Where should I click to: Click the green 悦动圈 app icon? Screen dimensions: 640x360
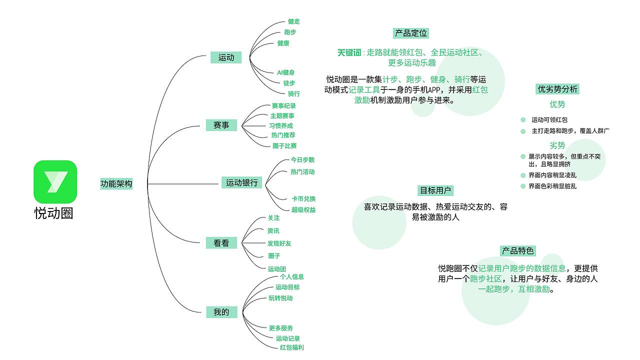pyautogui.click(x=55, y=181)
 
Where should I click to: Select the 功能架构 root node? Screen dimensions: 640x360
pyautogui.click(x=116, y=183)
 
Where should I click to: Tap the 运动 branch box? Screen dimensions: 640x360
pyautogui.click(x=226, y=57)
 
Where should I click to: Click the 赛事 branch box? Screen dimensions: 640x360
pyautogui.click(x=221, y=125)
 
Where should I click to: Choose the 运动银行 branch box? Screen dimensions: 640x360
pyautogui.click(x=241, y=182)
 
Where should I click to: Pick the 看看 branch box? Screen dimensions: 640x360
pyautogui.click(x=221, y=243)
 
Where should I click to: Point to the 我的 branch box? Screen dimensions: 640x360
pyautogui.click(x=221, y=312)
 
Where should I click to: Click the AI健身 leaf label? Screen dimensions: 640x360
pyautogui.click(x=285, y=72)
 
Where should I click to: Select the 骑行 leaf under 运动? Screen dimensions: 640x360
pyautogui.click(x=293, y=93)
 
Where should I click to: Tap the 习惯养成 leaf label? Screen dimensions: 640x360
pyautogui.click(x=281, y=125)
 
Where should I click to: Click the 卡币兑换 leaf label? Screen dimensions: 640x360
pyautogui.click(x=303, y=199)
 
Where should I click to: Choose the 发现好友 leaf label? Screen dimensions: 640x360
pyautogui.click(x=279, y=243)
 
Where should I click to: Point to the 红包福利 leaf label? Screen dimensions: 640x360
pyautogui.click(x=291, y=347)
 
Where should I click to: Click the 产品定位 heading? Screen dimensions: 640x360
pyautogui.click(x=411, y=33)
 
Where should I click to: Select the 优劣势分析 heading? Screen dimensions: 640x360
pyautogui.click(x=557, y=89)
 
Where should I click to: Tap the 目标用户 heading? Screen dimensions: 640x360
pyautogui.click(x=435, y=190)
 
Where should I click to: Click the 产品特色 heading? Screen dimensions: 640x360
pyautogui.click(x=517, y=251)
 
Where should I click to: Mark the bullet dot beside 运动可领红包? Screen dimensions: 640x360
pyautogui.click(x=523, y=120)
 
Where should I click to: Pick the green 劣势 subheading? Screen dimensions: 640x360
pyautogui.click(x=557, y=145)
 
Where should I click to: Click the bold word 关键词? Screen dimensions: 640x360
pyautogui.click(x=349, y=52)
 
